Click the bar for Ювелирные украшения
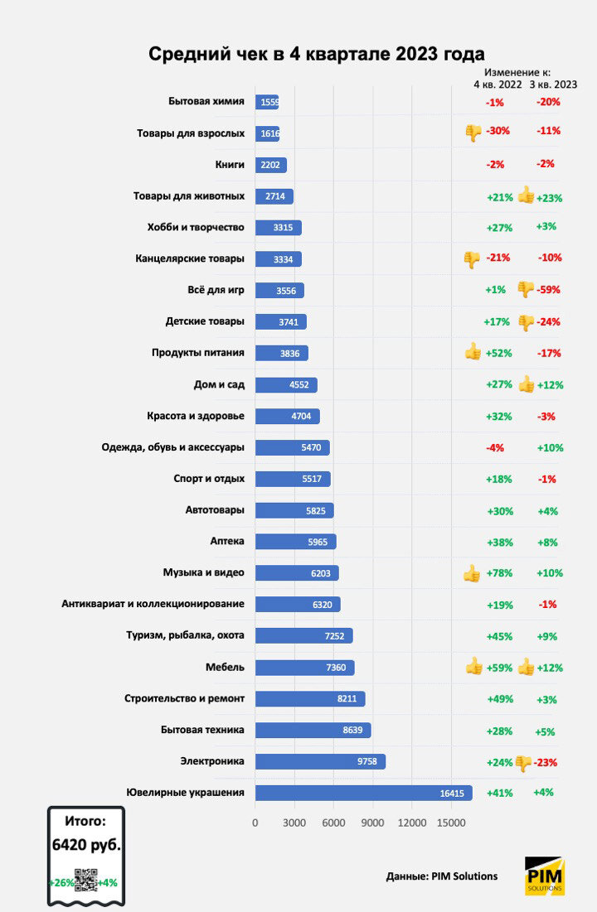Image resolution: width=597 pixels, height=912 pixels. [x=363, y=793]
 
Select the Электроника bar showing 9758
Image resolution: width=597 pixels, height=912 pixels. [x=320, y=761]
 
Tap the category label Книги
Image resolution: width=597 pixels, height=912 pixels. [x=229, y=165]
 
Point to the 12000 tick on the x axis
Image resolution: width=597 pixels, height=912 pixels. [x=412, y=823]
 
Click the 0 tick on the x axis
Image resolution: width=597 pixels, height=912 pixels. [x=255, y=823]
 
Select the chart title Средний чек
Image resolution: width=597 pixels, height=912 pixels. [x=316, y=55]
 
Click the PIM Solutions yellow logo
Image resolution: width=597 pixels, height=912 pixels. [x=545, y=876]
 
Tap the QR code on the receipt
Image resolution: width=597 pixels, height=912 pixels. [x=86, y=881]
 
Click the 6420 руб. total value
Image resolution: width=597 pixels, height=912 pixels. [x=86, y=846]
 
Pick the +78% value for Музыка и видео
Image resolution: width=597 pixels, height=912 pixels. [x=499, y=573]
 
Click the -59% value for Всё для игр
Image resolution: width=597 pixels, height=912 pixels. [x=548, y=290]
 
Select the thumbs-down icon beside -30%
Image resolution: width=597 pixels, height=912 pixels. [x=473, y=131]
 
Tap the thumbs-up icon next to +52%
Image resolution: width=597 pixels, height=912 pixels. [x=473, y=352]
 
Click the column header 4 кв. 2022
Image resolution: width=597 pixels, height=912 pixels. [x=498, y=84]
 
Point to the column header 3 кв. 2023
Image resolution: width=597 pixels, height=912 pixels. [x=553, y=84]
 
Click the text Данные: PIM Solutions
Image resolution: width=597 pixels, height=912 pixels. [x=442, y=876]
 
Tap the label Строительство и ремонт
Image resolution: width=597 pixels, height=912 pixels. [x=184, y=698]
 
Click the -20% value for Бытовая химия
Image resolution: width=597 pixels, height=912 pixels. [x=548, y=102]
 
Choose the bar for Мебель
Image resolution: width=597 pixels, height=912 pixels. [x=304, y=668]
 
